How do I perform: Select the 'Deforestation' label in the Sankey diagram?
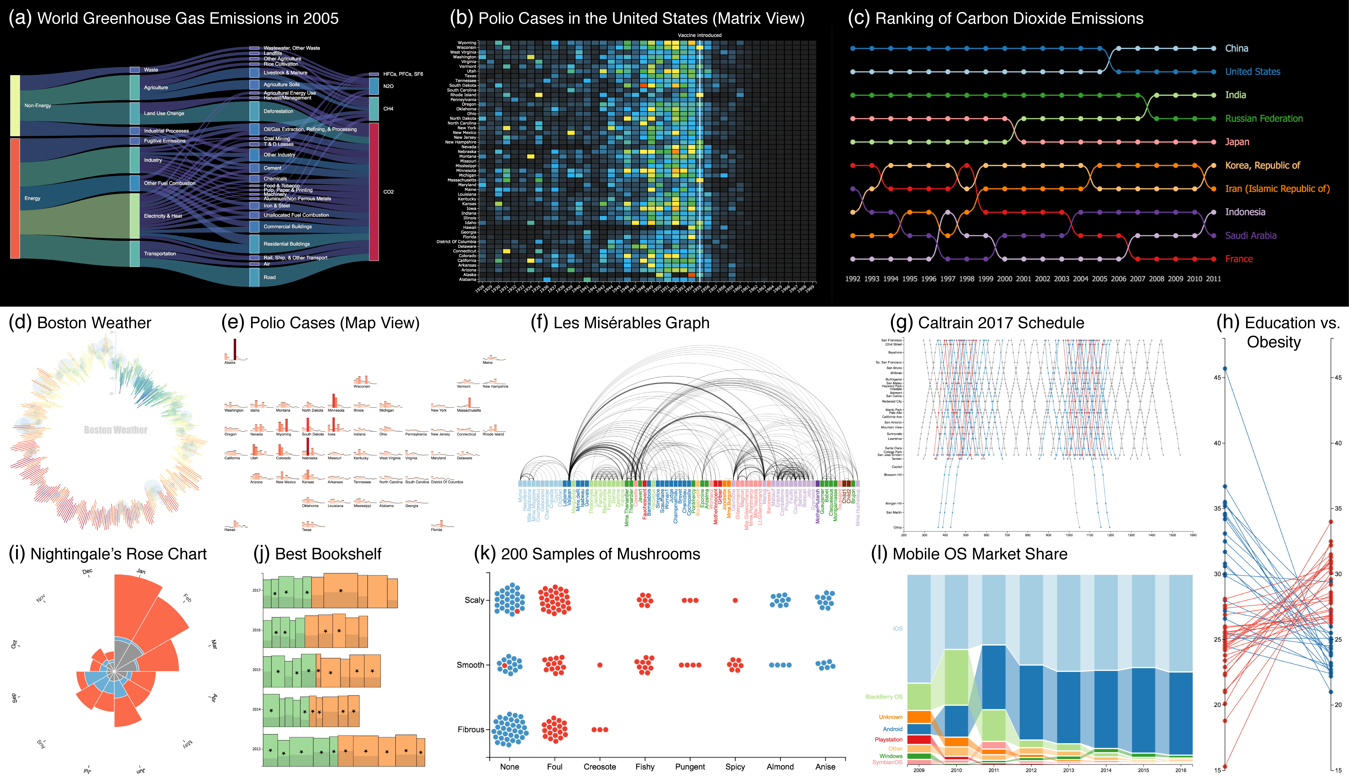pos(278,111)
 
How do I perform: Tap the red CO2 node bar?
pos(374,191)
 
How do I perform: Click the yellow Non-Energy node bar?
pos(15,105)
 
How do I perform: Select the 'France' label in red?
pos(1239,259)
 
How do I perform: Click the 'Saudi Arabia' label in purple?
pos(1250,235)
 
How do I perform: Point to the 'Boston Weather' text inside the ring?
pos(116,430)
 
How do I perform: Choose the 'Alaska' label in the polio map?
pos(230,363)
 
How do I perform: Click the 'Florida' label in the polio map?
pos(436,530)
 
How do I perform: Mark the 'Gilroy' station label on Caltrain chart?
pos(897,527)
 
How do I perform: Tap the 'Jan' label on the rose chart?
pos(141,571)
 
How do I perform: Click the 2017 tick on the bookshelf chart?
pos(256,591)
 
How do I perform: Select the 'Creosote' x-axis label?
pos(600,766)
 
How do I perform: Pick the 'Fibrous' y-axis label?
pos(470,730)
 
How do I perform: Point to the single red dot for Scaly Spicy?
pos(735,600)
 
